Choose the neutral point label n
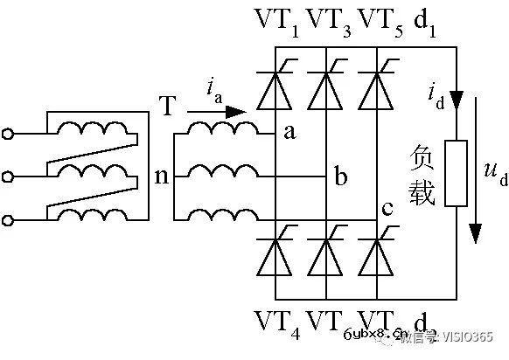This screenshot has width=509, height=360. (161, 177)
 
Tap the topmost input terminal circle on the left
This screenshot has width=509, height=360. (10, 134)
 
